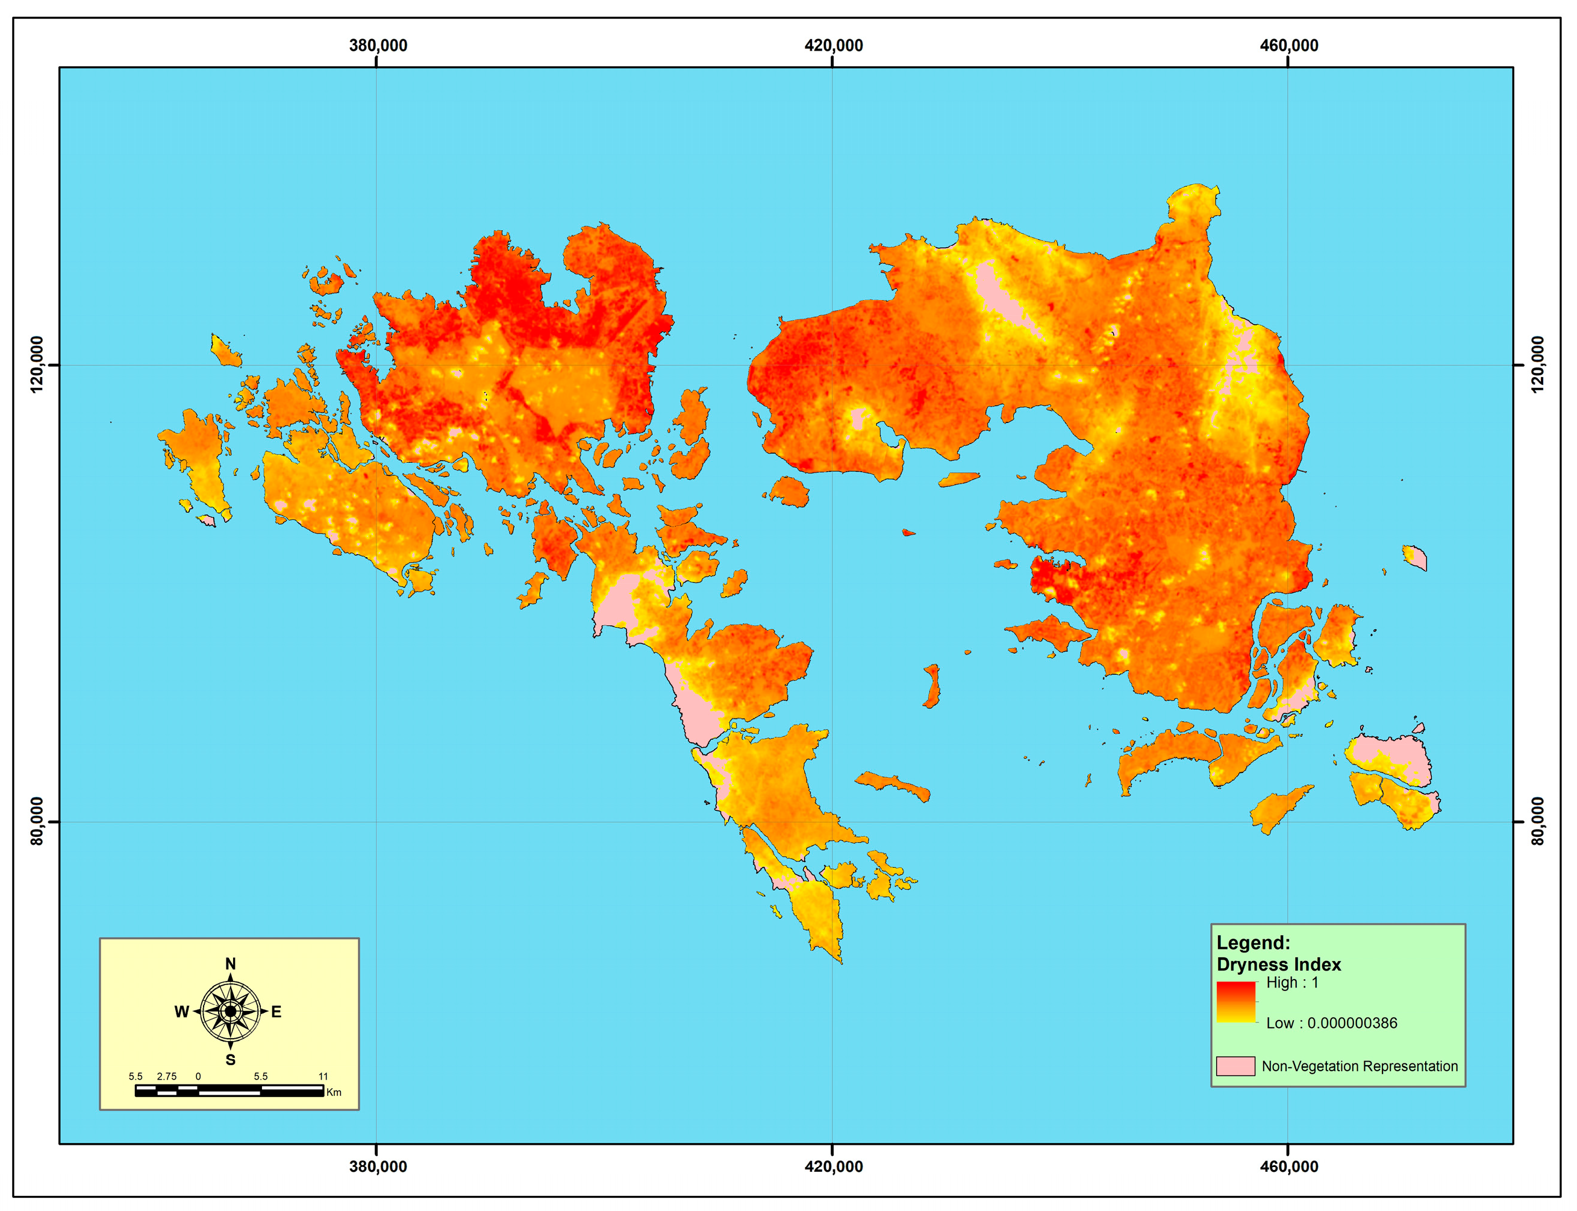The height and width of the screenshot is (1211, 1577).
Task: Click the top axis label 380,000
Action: [378, 45]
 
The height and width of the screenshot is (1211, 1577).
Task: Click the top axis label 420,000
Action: [833, 45]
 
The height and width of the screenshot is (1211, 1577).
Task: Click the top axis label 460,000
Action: [1288, 45]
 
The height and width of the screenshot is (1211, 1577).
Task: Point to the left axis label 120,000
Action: [37, 365]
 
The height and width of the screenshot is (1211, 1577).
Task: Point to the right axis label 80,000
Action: [1537, 821]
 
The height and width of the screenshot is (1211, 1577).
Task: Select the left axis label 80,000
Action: [37, 821]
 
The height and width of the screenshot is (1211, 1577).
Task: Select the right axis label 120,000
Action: [1537, 365]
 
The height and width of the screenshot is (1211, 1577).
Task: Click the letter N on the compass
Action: [231, 964]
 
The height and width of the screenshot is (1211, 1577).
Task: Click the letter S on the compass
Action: [231, 1060]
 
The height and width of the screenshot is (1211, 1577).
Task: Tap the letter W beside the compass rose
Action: [182, 1012]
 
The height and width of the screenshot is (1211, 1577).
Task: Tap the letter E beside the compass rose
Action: [276, 1012]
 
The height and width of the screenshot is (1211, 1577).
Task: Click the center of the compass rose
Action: [231, 1012]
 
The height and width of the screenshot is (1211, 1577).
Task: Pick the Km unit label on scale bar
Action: [334, 1092]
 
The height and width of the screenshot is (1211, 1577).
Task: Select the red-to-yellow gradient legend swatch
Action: [1235, 1002]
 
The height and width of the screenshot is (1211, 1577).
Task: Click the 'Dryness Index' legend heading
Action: [1279, 965]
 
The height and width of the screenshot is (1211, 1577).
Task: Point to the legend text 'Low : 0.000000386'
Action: [1331, 1023]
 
